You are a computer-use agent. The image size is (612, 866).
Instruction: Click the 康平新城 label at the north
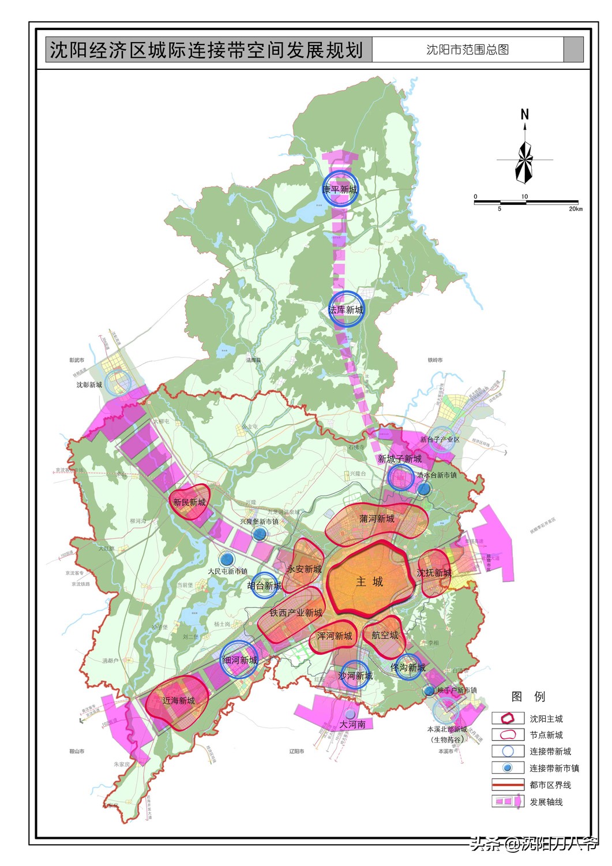pos(340,189)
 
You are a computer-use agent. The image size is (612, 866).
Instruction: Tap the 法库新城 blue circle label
pos(346,310)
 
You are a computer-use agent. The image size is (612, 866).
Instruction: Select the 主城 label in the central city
pos(369,581)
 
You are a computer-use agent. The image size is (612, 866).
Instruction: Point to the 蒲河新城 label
pos(377,518)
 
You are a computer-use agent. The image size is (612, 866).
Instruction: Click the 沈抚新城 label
pos(434,573)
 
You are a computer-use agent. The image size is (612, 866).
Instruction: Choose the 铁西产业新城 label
pos(296,613)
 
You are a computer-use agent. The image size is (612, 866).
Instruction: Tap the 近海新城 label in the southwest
pos(178,700)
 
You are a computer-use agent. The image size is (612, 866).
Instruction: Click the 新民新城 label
pos(189,502)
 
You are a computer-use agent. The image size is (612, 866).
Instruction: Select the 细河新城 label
pos(240,660)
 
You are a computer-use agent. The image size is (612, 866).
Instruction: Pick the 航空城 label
pos(385,635)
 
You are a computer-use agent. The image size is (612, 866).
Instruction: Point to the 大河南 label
pos(352,724)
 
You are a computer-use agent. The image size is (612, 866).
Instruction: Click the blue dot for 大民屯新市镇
pos(227,558)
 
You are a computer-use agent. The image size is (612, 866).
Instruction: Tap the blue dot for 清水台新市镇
pos(424,488)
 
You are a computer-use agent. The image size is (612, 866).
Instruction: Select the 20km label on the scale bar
pos(575,209)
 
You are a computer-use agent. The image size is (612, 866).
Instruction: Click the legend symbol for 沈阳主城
pos(508,718)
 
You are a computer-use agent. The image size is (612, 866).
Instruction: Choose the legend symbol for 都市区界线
pos(508,785)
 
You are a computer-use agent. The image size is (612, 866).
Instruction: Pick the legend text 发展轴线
pos(546,802)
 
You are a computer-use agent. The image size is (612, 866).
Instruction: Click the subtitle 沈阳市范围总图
pos(467,50)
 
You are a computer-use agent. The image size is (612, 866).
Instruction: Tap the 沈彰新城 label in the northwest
pos(89,385)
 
